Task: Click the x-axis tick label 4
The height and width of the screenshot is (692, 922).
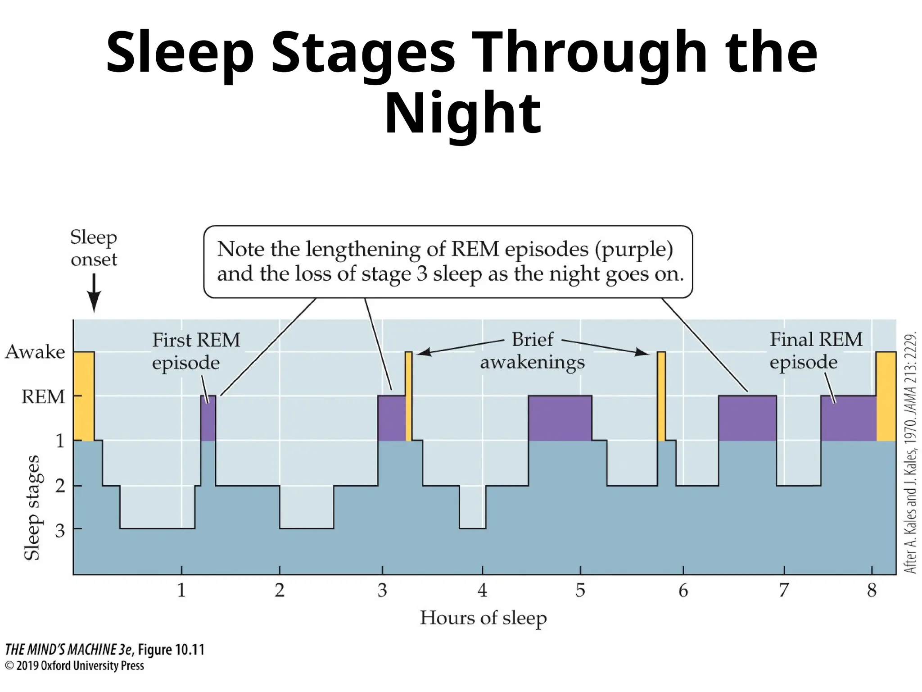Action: [482, 590]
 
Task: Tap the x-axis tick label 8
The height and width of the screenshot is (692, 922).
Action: [872, 590]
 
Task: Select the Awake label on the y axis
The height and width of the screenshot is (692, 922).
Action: [35, 352]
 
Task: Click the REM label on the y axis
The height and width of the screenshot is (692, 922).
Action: [43, 397]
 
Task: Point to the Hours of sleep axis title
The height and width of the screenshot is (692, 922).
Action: [483, 618]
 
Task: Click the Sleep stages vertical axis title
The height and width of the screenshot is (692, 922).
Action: [32, 508]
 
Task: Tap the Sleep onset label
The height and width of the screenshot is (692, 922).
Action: [94, 248]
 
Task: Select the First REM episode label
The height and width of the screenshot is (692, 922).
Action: [196, 351]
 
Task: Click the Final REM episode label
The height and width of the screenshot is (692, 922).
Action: [816, 351]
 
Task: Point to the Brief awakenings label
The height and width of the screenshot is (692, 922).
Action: [533, 351]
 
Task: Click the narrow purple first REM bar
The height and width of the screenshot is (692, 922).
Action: [208, 418]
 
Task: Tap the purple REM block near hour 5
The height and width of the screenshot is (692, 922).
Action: [560, 418]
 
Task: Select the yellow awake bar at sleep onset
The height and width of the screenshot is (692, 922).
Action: [84, 396]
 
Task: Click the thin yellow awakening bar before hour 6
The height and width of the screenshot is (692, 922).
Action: [661, 396]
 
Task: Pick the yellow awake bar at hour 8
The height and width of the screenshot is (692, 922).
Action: [886, 396]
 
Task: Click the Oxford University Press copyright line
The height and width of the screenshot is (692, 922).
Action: [75, 666]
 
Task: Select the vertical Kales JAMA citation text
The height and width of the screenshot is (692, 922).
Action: [910, 453]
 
